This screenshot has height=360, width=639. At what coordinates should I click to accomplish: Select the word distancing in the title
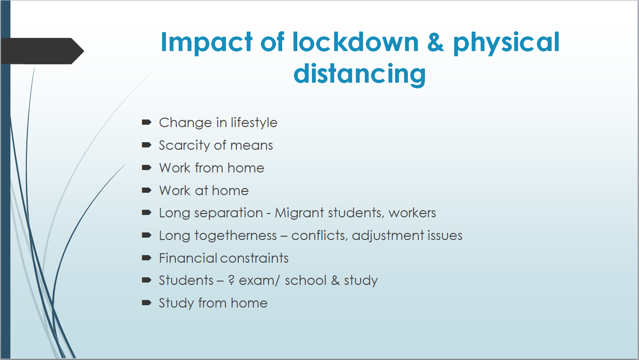pos(360,73)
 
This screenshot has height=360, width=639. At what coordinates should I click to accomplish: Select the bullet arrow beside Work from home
pos(146,168)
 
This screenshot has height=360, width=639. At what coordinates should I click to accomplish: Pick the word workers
pos(412,213)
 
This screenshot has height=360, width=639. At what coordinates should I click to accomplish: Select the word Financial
pos(189,258)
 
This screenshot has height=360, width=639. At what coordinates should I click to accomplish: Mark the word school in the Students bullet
pos(306,281)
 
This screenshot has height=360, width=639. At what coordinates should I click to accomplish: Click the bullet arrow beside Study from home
pos(146,303)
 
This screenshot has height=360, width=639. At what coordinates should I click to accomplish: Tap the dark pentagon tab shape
pos(40,51)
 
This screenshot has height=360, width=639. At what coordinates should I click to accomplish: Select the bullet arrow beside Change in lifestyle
pos(146,123)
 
